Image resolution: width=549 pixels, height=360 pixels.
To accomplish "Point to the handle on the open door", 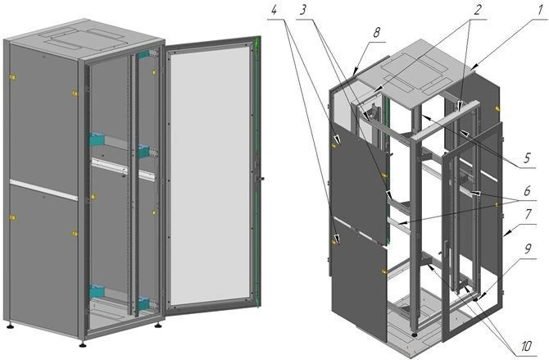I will coord(260,176).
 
